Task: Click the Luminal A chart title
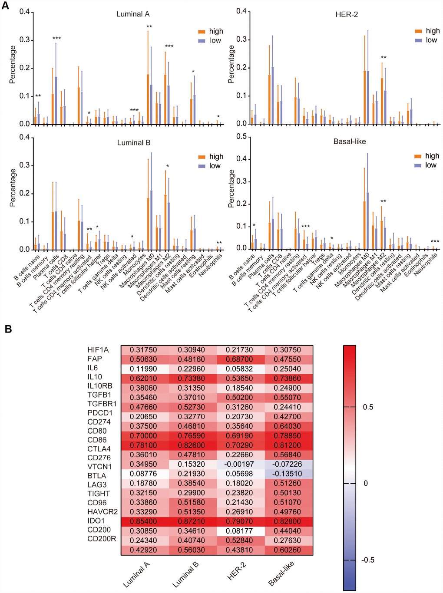[133, 14]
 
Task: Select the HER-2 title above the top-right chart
[347, 14]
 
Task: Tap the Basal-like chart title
[350, 142]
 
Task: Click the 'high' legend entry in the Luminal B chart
[216, 157]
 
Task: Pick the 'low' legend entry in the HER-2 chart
[431, 40]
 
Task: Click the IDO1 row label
[96, 521]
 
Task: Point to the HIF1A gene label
[98, 350]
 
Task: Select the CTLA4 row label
[99, 449]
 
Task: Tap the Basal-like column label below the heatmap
[281, 573]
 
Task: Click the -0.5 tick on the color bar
[367, 560]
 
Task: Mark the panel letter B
[8, 329]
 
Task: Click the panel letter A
[5, 6]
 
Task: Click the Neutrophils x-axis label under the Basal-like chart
[426, 265]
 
